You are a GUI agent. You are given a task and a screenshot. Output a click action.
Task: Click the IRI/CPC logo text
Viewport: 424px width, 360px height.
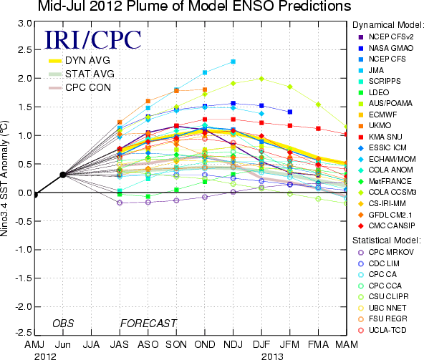point(92,40)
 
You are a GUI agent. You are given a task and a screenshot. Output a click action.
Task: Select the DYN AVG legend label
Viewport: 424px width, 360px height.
point(87,60)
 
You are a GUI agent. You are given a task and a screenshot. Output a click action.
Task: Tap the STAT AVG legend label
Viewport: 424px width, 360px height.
point(90,74)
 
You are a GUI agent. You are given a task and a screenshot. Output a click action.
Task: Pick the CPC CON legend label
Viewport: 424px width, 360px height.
point(88,87)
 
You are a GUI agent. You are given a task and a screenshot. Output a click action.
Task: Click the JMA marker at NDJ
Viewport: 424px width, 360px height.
point(233,62)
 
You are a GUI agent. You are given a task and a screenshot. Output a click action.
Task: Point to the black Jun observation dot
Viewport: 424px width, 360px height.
point(63,175)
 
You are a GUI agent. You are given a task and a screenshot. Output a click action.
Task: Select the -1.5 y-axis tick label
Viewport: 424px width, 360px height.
point(24,278)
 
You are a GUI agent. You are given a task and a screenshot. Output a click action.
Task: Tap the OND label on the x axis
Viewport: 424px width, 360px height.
point(205,344)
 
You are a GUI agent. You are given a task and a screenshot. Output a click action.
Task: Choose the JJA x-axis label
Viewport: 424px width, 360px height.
point(91,344)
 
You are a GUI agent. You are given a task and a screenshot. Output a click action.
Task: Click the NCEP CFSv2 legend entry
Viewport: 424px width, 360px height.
point(386,37)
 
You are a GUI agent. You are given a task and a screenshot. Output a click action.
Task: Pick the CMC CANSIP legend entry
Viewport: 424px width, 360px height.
point(387,225)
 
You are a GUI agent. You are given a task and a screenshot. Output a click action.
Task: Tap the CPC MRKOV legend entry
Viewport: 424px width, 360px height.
point(386,252)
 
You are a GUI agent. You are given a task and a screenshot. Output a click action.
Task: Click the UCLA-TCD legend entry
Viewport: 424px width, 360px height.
point(382,330)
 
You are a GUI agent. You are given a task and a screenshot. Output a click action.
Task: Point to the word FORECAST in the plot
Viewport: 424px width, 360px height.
point(148,323)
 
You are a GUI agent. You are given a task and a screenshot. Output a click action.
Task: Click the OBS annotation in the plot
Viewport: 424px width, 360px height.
point(63,323)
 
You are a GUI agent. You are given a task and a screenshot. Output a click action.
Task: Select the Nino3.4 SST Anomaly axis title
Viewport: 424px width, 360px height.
point(4,179)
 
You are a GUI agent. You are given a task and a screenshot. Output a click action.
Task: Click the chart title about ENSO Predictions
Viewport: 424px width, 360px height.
point(194,6)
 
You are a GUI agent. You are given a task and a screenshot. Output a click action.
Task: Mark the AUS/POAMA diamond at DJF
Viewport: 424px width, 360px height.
point(261,79)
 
